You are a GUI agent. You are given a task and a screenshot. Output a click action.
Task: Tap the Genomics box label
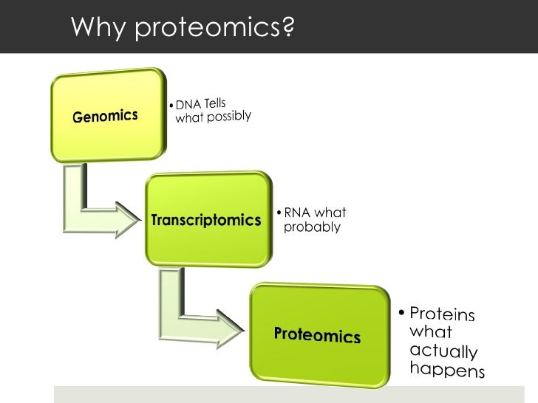click(105, 116)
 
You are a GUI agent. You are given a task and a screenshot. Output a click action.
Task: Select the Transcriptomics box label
click(206, 220)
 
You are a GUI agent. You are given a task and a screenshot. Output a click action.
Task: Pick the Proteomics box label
click(317, 334)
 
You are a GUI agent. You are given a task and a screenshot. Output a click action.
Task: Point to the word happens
click(447, 368)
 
